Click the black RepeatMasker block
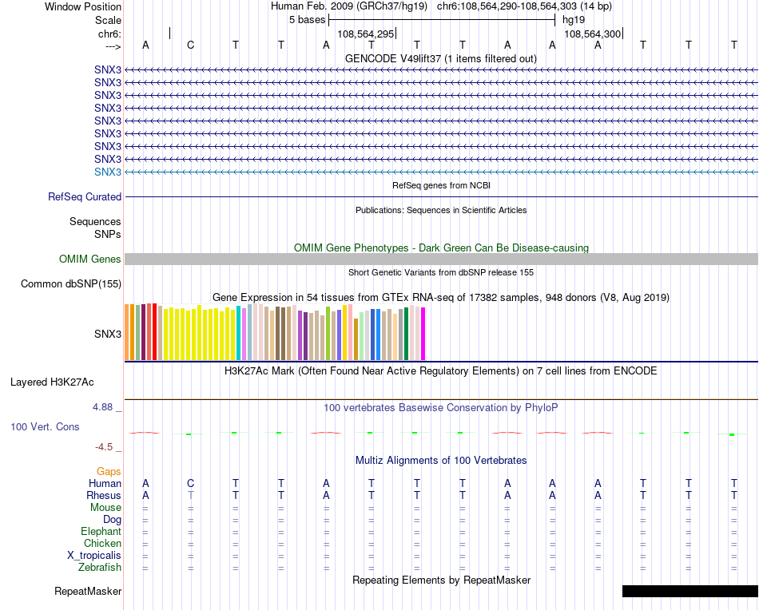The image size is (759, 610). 689,592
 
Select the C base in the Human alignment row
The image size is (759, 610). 190,483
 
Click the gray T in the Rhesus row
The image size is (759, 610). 190,495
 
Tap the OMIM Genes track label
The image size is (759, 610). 90,259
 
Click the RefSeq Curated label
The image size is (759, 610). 85,197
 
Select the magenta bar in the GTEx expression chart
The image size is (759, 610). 423,334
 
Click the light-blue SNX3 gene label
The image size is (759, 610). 108,172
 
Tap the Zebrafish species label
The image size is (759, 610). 101,568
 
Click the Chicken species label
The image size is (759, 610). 102,544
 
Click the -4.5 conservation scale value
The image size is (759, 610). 105,447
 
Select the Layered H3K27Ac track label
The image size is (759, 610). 63,382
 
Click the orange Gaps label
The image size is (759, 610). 109,472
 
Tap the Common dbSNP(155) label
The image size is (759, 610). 71,284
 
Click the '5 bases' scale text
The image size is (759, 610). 307,19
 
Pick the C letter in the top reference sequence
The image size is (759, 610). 190,45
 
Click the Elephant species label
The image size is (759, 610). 101,532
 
